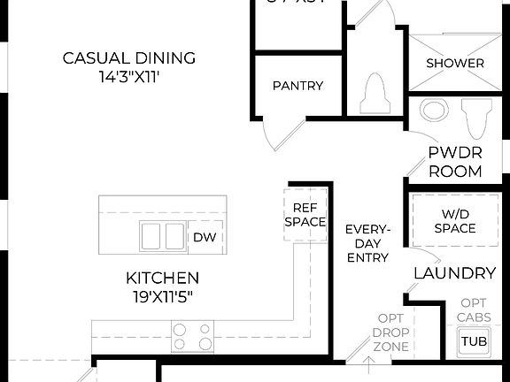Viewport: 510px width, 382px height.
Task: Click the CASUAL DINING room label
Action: [129, 58]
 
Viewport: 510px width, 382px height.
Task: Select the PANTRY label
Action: [297, 86]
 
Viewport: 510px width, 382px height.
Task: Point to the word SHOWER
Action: [455, 64]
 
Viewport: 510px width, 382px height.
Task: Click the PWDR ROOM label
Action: [454, 161]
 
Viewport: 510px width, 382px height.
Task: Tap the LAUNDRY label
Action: [454, 273]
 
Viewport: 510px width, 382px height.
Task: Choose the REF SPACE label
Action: [305, 215]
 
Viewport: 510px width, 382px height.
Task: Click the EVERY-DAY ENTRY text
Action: [367, 243]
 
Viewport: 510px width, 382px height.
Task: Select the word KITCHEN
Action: [162, 278]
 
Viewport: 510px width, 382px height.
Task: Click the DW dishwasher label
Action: [204, 237]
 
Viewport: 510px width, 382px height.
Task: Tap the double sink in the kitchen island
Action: [162, 237]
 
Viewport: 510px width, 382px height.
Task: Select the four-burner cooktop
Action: [192, 337]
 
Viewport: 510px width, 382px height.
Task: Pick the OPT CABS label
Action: [474, 309]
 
